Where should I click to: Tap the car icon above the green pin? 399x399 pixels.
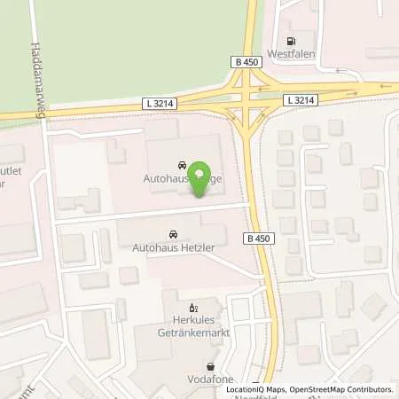[182, 165]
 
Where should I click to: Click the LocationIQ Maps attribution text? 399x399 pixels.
[257, 388]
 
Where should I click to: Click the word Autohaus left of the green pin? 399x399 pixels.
[164, 177]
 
